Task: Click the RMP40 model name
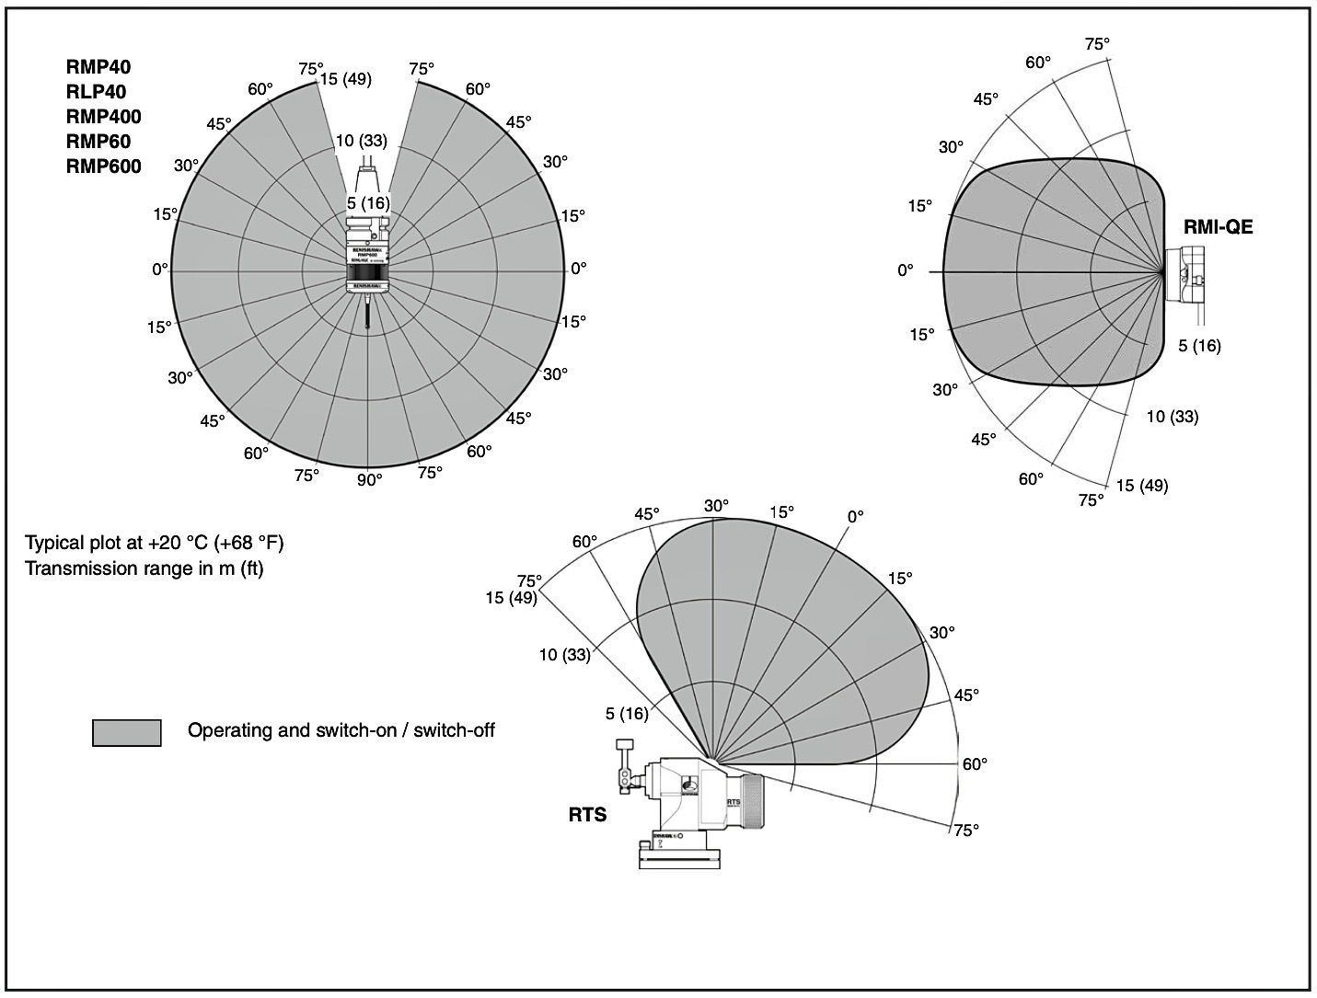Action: point(98,67)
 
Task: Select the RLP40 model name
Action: point(96,92)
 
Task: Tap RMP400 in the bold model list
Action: point(103,117)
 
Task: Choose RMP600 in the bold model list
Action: point(103,166)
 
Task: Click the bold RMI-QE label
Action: point(1218,226)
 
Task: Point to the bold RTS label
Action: point(587,814)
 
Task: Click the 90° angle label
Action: point(369,480)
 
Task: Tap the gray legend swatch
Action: point(127,732)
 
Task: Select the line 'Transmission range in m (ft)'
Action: point(144,568)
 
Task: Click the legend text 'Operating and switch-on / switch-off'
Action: point(341,730)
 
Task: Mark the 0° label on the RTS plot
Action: point(856,517)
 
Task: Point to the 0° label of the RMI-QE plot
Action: point(906,270)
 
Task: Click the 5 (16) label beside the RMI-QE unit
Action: point(1199,346)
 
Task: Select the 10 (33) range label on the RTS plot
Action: point(564,655)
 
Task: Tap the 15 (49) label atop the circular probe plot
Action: point(346,79)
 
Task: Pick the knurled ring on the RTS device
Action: point(752,798)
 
